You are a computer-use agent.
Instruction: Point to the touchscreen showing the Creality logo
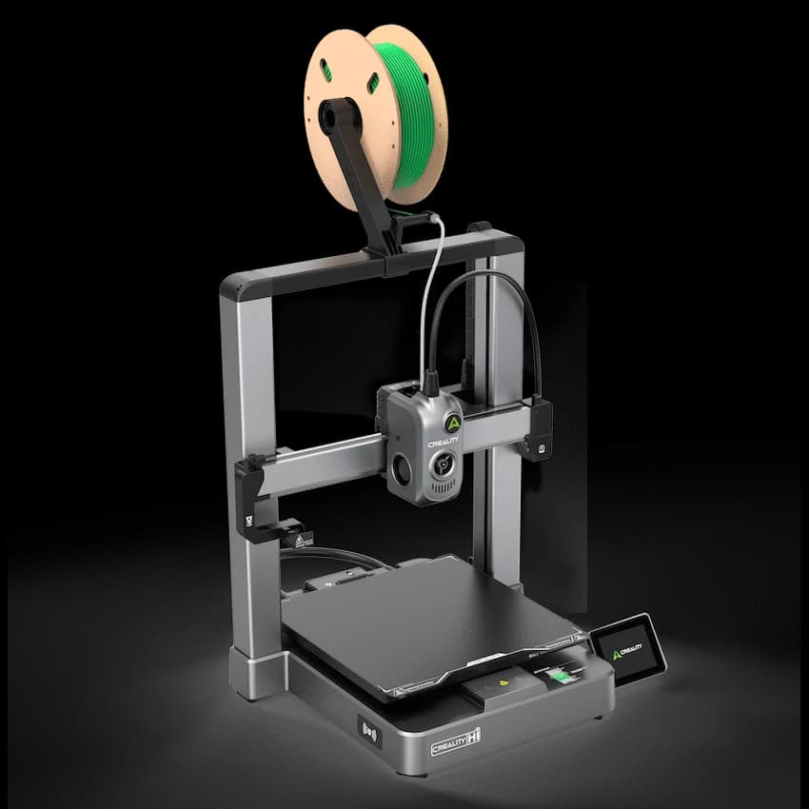pyautogui.click(x=628, y=649)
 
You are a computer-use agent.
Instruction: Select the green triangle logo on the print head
pyautogui.click(x=453, y=423)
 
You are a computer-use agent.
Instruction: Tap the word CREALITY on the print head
pyautogui.click(x=443, y=441)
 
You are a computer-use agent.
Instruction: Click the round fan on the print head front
pyautogui.click(x=442, y=466)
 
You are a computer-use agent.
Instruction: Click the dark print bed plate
pyautogui.click(x=419, y=619)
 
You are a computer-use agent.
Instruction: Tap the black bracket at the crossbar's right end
pyautogui.click(x=538, y=428)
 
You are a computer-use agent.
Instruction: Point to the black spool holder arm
pyautogui.click(x=362, y=181)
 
